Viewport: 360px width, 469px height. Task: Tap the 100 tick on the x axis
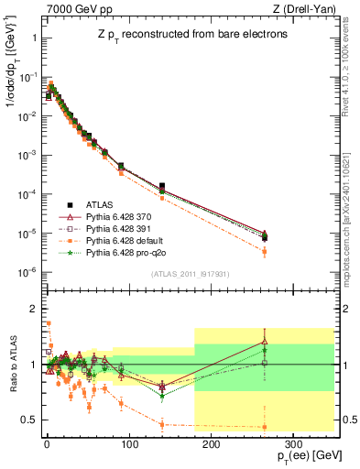coord(128,442)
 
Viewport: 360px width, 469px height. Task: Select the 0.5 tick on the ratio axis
coord(29,420)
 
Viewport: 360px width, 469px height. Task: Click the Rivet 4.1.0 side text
coord(351,60)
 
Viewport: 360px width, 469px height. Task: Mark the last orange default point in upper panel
coord(264,251)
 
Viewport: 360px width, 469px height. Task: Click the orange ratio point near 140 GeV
coord(162,424)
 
